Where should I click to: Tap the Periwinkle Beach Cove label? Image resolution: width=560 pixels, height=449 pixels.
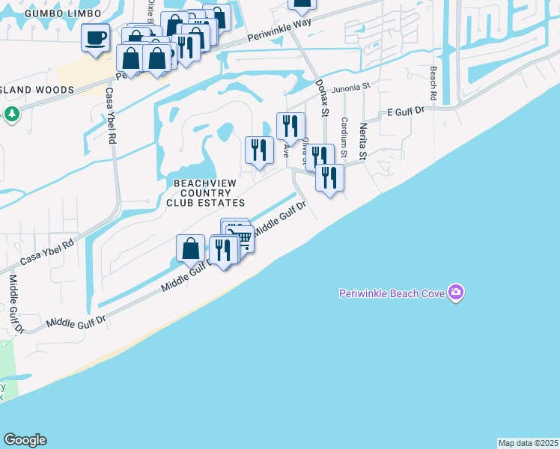point(392,292)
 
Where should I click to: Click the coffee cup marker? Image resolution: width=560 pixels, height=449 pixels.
point(95,38)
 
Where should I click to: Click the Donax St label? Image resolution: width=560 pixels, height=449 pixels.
point(321,98)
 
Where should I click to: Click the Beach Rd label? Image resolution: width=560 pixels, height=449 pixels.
point(433,83)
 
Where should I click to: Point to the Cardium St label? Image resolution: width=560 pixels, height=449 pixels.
point(344,137)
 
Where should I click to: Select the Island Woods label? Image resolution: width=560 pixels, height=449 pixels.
point(37,90)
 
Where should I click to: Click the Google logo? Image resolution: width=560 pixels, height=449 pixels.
point(25,440)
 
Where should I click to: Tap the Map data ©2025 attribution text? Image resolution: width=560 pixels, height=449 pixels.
point(528,443)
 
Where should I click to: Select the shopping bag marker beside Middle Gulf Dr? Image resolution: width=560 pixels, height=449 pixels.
point(191,248)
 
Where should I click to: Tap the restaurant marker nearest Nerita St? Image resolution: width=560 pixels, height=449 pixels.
point(329,178)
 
